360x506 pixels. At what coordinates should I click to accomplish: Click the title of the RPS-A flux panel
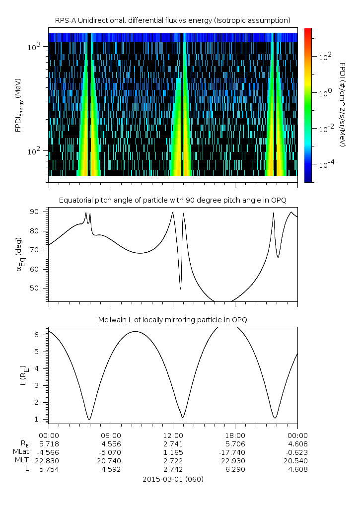[173, 20]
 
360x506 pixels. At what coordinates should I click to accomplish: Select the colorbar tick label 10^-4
[326, 164]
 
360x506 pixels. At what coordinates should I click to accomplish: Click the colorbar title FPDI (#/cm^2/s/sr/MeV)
[343, 105]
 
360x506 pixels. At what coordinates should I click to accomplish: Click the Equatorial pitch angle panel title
[173, 200]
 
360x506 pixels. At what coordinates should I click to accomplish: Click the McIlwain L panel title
[173, 319]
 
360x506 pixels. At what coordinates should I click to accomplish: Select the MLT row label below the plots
[22, 460]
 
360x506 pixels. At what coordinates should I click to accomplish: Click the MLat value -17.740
[235, 452]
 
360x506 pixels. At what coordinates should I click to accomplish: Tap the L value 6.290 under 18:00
[235, 469]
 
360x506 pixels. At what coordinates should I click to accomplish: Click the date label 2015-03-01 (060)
[173, 479]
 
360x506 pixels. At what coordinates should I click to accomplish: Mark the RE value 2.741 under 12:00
[173, 443]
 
